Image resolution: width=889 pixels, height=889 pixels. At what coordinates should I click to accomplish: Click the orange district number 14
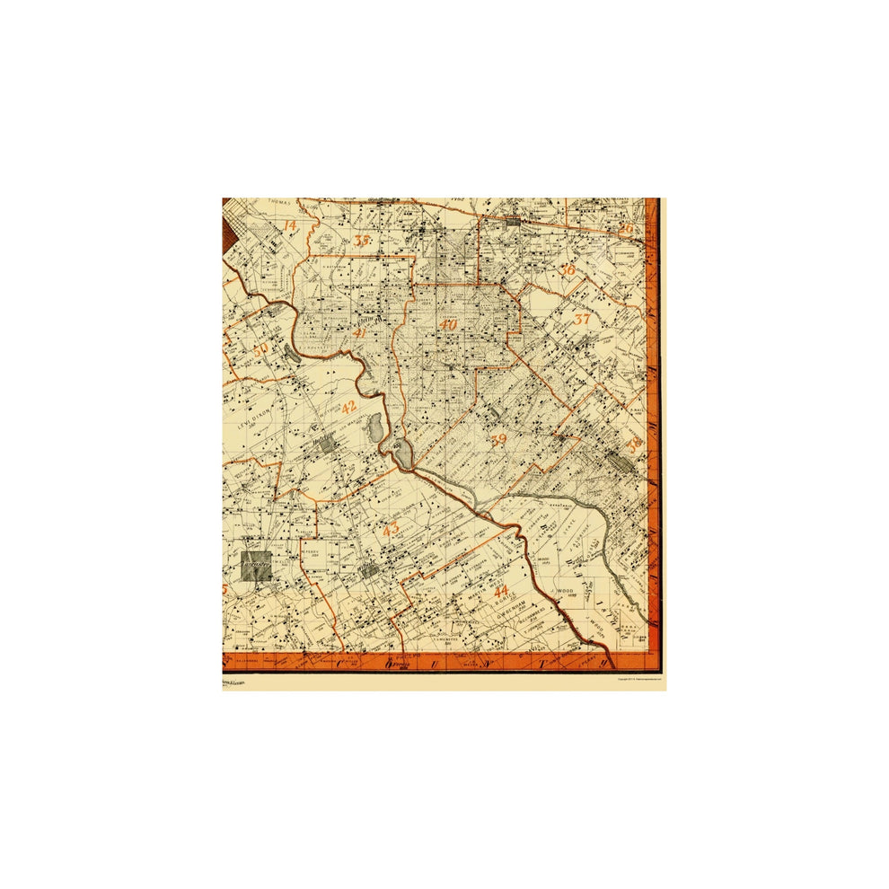289,225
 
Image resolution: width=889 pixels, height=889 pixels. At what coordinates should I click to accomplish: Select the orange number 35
362,241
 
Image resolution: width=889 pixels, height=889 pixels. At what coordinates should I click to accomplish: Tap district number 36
567,269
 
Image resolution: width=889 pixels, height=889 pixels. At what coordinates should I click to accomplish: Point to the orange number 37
583,319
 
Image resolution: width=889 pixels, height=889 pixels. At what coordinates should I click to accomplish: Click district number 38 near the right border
635,444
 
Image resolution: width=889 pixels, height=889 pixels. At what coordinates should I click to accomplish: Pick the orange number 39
499,439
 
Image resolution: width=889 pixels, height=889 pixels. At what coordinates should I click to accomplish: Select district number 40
449,325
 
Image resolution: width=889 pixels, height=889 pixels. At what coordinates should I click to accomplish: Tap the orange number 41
360,333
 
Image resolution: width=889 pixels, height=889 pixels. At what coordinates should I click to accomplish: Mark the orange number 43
390,529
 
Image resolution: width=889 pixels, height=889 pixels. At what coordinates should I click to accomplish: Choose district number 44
501,590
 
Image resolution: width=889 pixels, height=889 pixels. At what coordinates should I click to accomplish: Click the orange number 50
261,351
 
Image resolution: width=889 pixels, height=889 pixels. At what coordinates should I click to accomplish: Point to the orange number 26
626,230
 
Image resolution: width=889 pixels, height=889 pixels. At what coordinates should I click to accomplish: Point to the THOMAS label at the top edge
280,203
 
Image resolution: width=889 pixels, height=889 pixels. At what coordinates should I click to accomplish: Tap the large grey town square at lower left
256,566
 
